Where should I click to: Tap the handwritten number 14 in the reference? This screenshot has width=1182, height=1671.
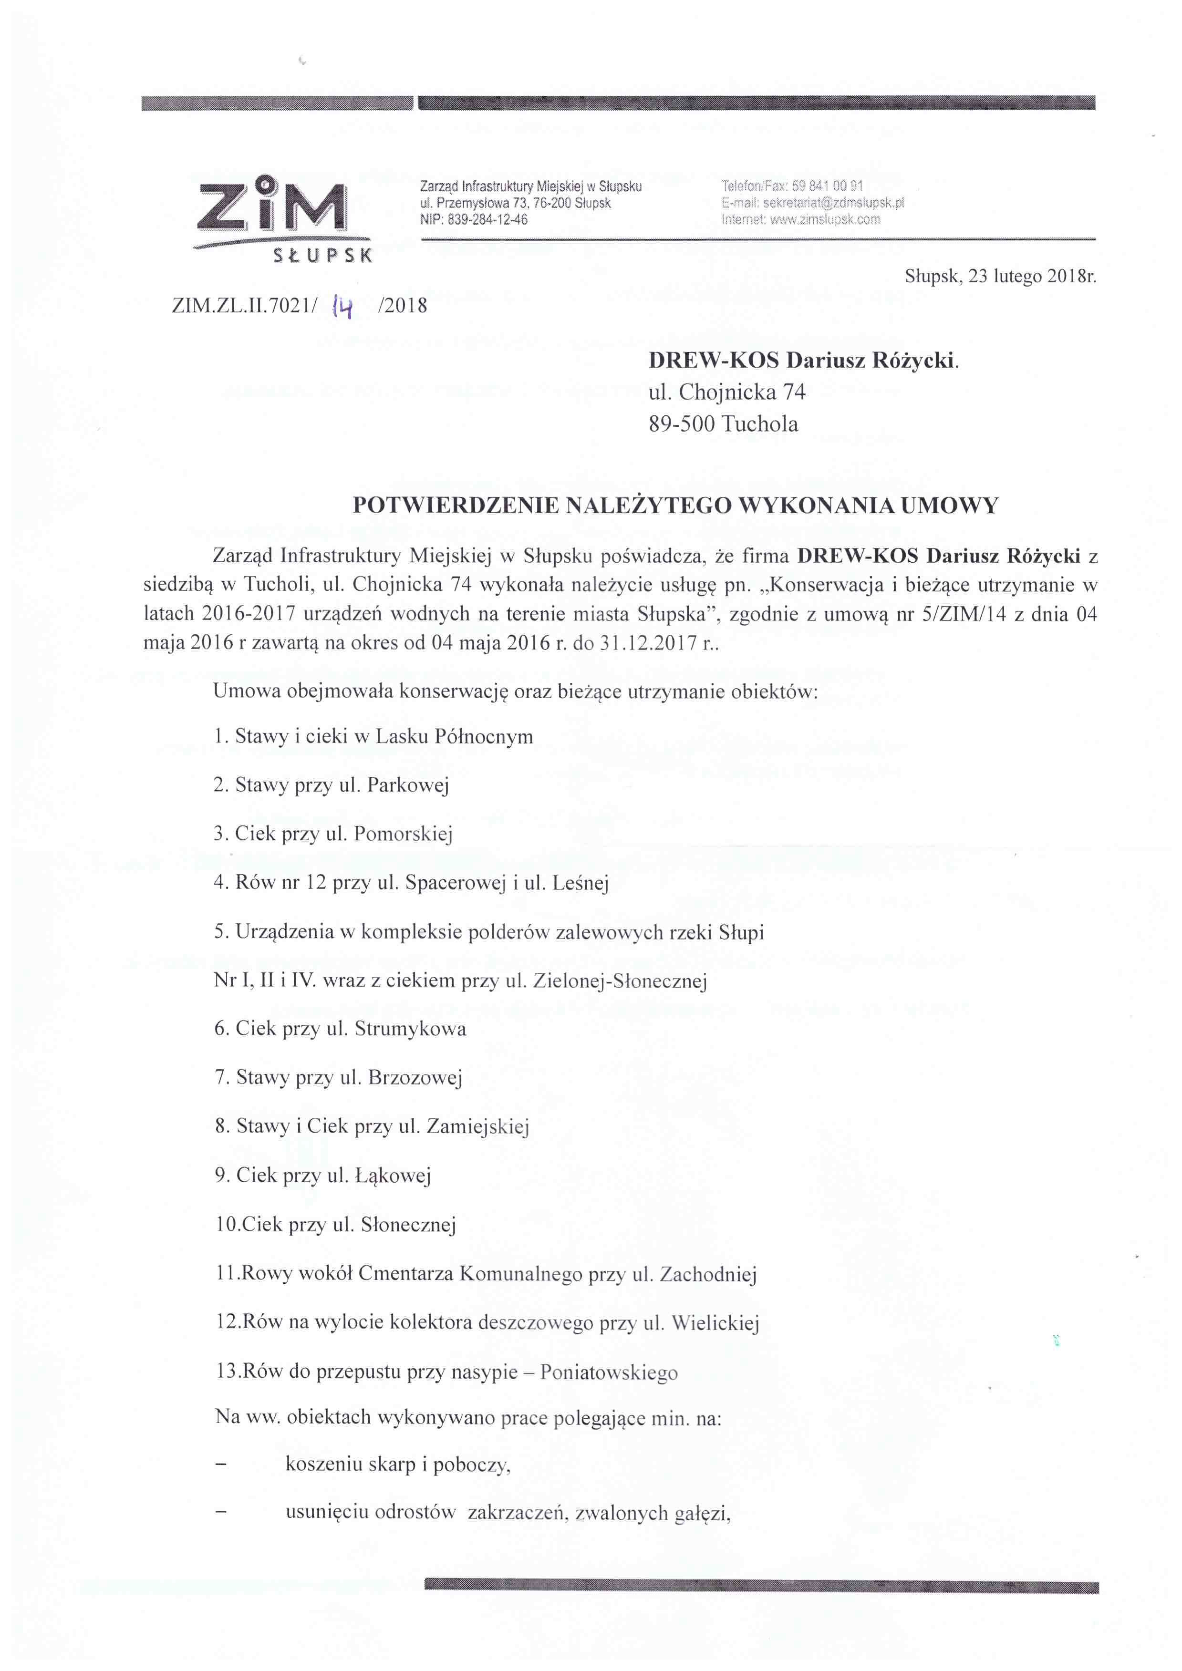[x=342, y=307]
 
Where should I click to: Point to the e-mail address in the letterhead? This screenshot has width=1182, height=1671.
[x=833, y=203]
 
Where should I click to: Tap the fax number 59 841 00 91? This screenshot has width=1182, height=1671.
[x=828, y=186]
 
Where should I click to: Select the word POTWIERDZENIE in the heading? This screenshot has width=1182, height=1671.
[x=456, y=506]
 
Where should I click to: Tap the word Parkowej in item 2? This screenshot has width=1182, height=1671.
[x=408, y=785]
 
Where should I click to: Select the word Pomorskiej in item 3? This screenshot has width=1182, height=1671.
[x=403, y=834]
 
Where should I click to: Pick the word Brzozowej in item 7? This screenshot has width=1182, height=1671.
[x=415, y=1078]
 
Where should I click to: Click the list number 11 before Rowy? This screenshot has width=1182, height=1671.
[x=225, y=1274]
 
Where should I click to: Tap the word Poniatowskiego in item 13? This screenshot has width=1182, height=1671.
[x=609, y=1372]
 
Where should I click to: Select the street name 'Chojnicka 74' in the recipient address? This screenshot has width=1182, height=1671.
[x=742, y=392]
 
